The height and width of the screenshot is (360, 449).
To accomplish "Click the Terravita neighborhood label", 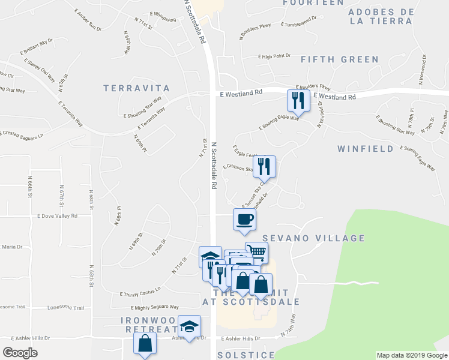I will (136, 88).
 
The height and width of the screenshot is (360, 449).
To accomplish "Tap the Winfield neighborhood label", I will (365, 149).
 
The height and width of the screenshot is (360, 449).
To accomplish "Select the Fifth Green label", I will (339, 59).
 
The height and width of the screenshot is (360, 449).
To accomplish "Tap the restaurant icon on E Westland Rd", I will (298, 101).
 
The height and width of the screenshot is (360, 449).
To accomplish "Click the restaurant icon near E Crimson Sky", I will (264, 167).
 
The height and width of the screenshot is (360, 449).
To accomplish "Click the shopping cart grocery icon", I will (256, 253).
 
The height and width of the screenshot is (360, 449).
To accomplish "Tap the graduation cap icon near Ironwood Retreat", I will (190, 327).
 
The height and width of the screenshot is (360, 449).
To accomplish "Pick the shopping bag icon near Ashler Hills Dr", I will (145, 343).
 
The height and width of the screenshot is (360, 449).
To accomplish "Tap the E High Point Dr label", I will (274, 56).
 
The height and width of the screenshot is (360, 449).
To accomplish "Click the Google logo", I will (20, 353).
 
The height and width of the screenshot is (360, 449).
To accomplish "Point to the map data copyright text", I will (411, 355).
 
